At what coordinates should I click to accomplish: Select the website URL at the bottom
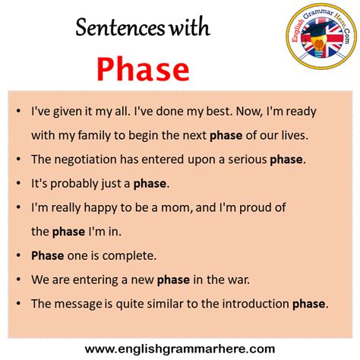coord(180,348)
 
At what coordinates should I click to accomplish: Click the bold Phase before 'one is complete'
coord(48,255)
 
